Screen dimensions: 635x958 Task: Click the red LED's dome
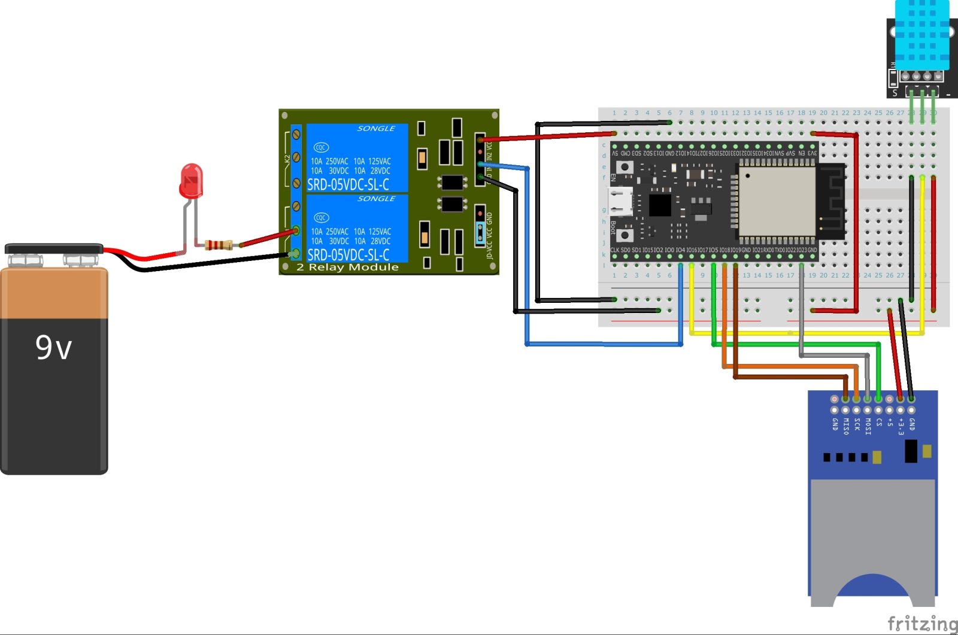coord(191,180)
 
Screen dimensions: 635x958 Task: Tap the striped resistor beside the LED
coord(219,244)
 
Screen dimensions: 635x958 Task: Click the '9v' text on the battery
coord(54,348)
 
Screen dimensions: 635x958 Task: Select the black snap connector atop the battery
coord(54,248)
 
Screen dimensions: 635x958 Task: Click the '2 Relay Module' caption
coord(347,267)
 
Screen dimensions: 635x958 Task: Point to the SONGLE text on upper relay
coord(376,128)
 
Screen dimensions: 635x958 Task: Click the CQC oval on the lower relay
coord(321,217)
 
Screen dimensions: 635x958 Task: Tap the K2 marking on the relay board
coord(287,159)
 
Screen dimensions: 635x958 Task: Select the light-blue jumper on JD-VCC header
coord(480,234)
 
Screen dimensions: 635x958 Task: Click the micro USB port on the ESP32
coord(621,201)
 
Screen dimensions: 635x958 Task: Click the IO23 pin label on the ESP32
coord(801,250)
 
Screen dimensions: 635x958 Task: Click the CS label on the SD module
coord(878,422)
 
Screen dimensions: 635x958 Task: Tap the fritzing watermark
coord(921,623)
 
